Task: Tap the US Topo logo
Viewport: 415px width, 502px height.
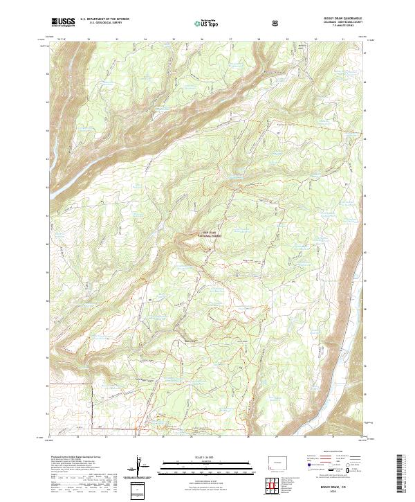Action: (x=207, y=24)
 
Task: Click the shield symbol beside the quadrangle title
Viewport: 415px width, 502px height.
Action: (x=276, y=24)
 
